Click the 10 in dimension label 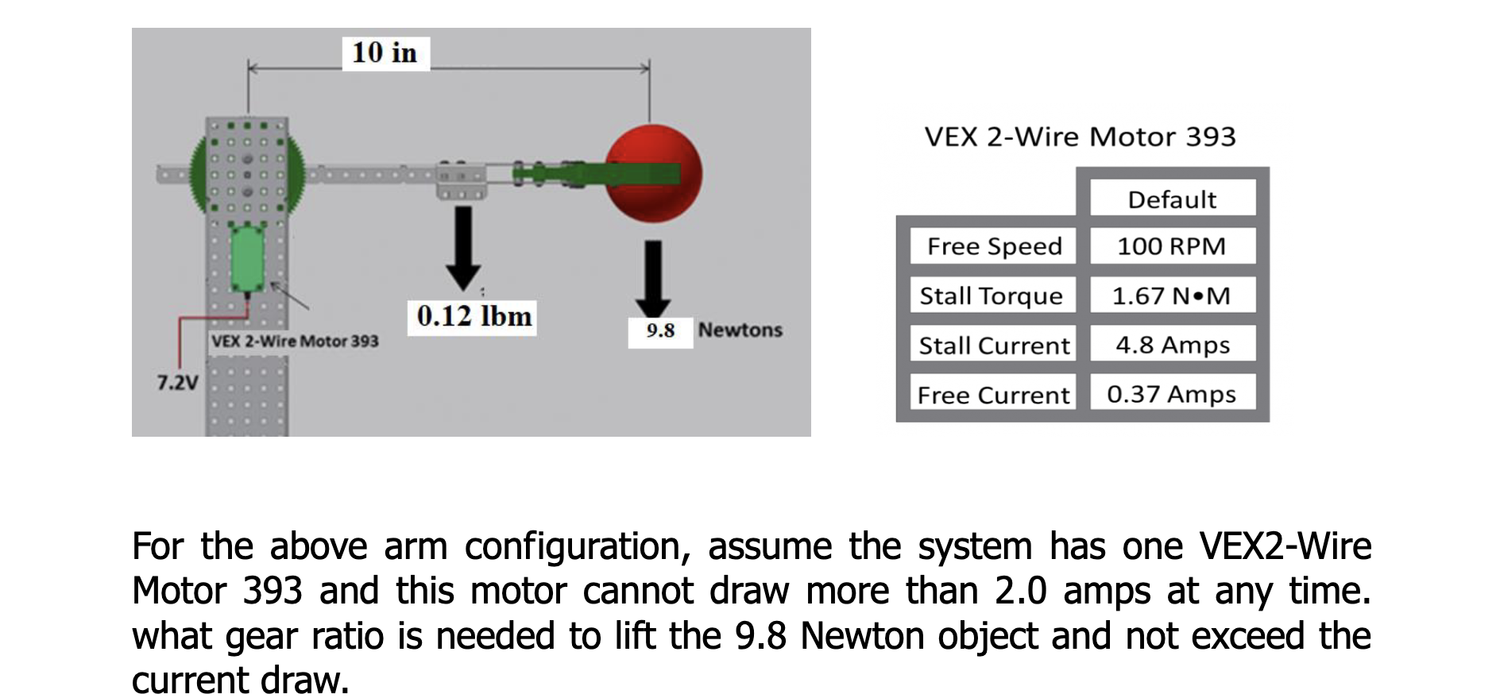385,53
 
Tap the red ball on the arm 653,173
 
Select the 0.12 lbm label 474,317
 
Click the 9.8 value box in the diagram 660,330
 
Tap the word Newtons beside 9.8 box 740,330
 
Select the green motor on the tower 248,257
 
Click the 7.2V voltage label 177,383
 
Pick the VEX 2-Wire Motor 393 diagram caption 295,341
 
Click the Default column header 1172,199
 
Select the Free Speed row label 994,246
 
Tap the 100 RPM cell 1172,246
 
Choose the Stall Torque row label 991,295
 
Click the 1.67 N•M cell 1172,295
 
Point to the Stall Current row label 994,345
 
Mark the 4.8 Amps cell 1172,345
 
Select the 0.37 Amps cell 1172,394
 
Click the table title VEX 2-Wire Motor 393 1081,137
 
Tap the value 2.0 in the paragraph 1020,592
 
